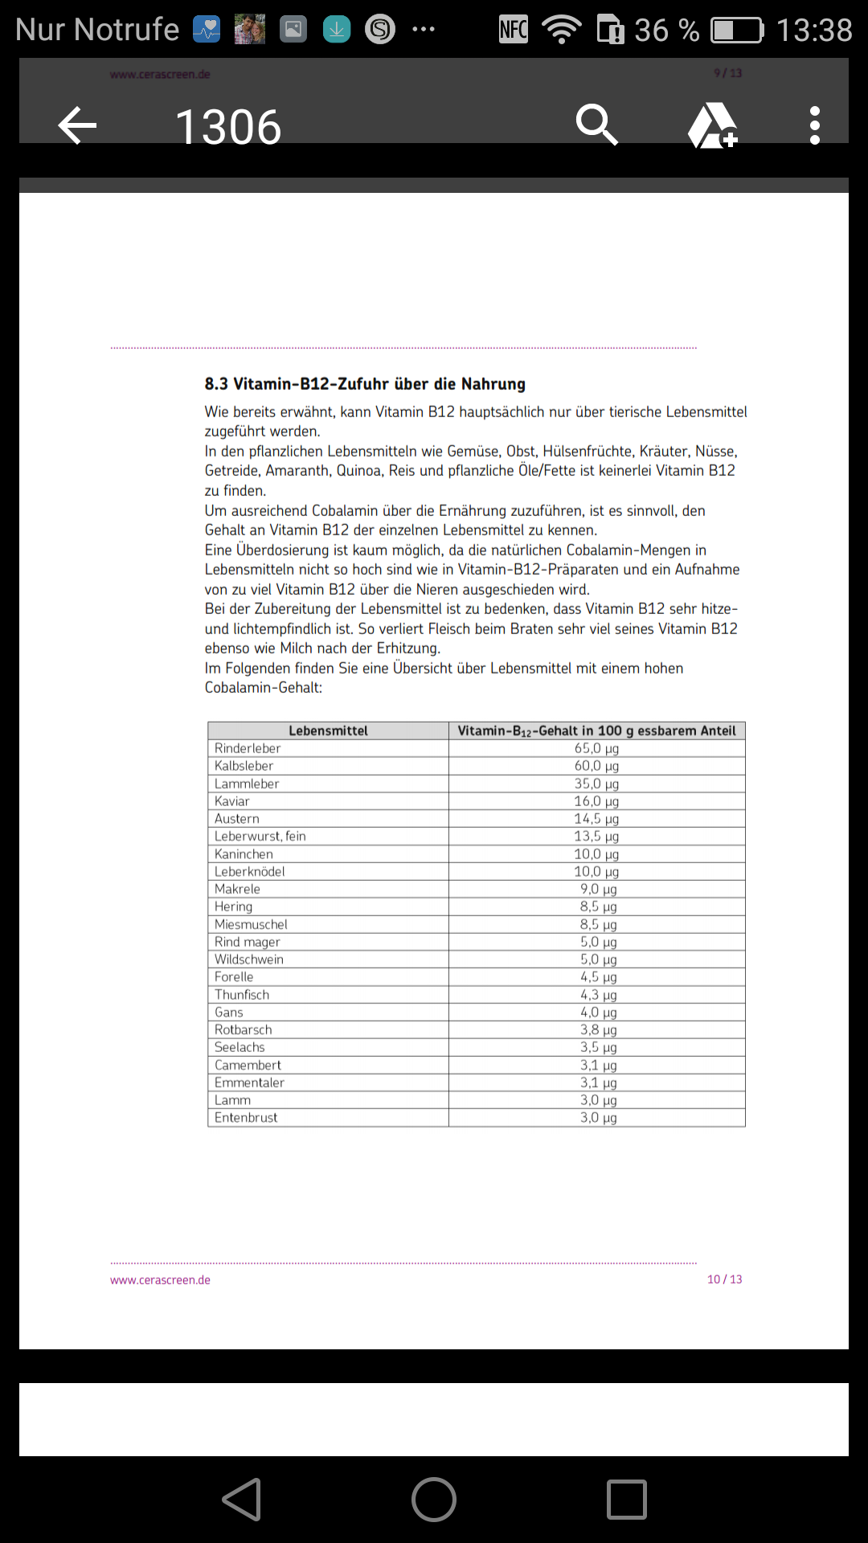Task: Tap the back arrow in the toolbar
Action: tap(78, 125)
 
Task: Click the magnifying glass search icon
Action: tap(596, 125)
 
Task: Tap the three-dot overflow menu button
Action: tap(814, 125)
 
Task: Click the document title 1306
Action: tap(228, 127)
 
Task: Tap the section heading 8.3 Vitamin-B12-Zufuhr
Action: tap(365, 384)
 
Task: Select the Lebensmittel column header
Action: tap(328, 731)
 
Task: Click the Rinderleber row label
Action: tap(248, 748)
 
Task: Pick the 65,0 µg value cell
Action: tap(596, 748)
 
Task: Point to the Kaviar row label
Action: tap(232, 801)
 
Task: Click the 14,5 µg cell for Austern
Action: tap(596, 819)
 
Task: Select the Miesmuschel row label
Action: tap(251, 924)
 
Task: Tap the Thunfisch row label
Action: tap(242, 995)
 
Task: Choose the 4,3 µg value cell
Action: tap(598, 995)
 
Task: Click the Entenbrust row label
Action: tap(246, 1118)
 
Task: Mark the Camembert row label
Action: tap(248, 1065)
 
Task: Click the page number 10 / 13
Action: tap(724, 1279)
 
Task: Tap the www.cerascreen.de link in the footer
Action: tap(160, 1280)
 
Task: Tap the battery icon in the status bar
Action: tap(737, 31)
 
